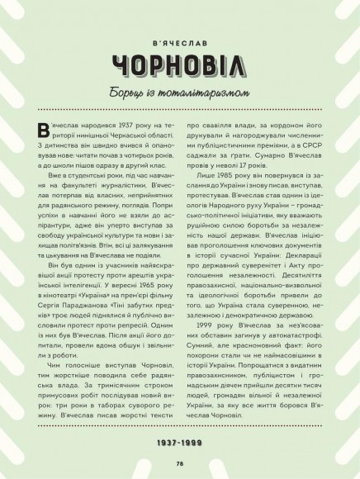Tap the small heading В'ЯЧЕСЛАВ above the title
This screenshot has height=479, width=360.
(x=179, y=37)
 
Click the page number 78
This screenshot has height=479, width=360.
(x=179, y=464)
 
